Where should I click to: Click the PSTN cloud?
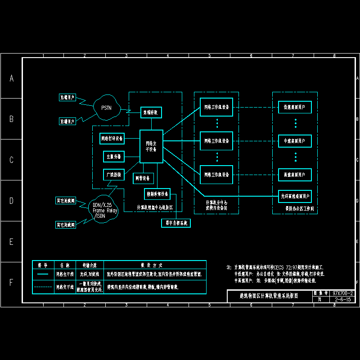coord(107,108)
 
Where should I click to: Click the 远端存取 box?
coord(151,112)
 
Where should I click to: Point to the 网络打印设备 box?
coord(112,139)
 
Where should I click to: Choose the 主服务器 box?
coord(112,157)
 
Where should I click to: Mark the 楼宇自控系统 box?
coord(176,223)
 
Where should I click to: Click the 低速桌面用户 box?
coord(295,108)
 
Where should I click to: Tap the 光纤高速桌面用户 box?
coord(295,197)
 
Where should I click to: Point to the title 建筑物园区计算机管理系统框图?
coord(269,296)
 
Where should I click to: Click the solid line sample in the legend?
coord(43,274)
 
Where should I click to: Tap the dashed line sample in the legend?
coord(43,287)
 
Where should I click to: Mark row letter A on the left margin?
coord(12,78)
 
